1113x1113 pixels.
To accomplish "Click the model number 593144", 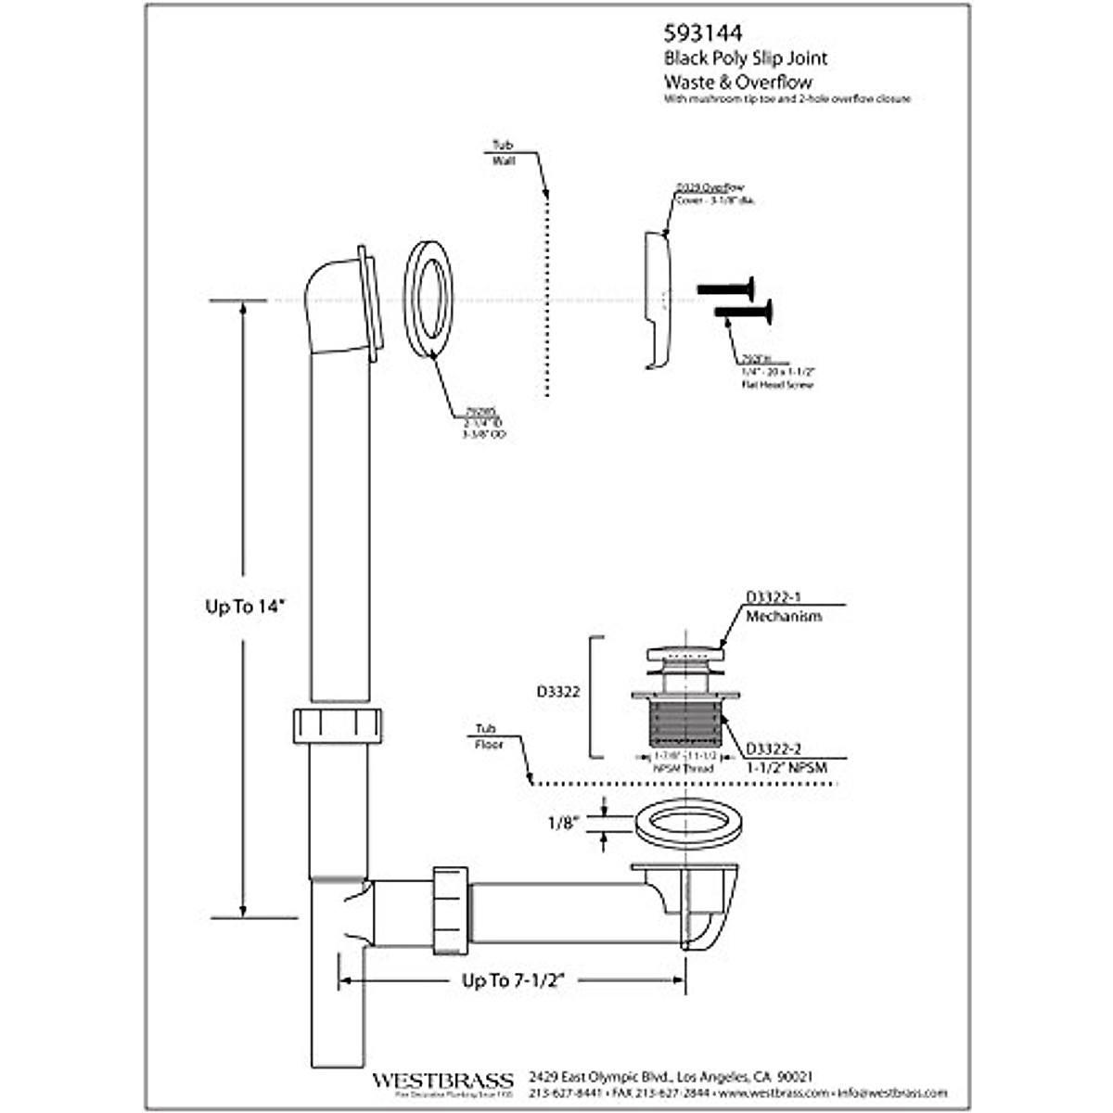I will pos(702,33).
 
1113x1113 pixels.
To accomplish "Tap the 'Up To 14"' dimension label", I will pos(246,607).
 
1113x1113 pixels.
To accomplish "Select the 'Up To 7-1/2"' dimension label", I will pos(513,980).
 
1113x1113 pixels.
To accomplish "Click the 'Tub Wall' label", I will pos(503,153).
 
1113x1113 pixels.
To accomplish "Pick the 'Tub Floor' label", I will pos(488,736).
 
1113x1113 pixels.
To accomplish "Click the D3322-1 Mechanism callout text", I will pos(783,608).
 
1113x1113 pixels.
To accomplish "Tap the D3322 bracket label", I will pos(560,692).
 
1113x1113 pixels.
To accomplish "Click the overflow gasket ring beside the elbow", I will pos(428,299).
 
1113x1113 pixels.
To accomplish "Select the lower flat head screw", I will pos(744,312).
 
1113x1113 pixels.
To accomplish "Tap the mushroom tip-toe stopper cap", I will pos(685,650).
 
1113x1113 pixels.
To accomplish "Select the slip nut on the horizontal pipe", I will pos(452,909).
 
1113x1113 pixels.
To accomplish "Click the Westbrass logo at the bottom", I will pos(442,1081).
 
